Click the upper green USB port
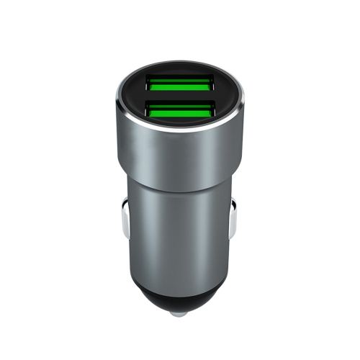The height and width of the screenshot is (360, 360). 179,84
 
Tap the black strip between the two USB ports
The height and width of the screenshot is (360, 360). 180,97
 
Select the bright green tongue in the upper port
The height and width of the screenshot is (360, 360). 179,81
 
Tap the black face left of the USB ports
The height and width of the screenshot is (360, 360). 133,97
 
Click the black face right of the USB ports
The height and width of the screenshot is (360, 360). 229,97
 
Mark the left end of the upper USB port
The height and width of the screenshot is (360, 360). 148,84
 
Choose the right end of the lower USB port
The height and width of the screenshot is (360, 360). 214,111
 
